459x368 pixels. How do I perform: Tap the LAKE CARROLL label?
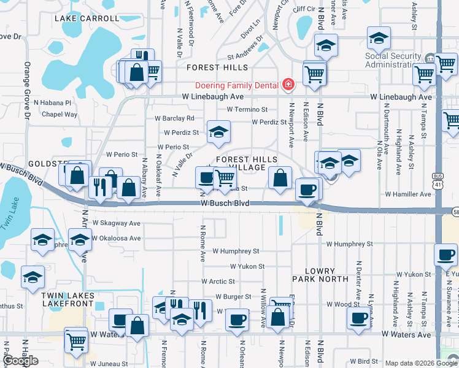click(87, 18)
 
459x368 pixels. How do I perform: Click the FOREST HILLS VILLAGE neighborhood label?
click(250, 163)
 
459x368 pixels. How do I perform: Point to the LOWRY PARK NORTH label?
click(320, 275)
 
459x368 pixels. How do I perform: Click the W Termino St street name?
click(247, 109)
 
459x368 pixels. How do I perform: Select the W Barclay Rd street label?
click(174, 118)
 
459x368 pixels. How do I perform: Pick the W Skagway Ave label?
click(117, 224)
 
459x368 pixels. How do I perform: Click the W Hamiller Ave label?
click(408, 194)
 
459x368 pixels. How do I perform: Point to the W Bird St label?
click(364, 361)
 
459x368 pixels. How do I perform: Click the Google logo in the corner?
click(20, 361)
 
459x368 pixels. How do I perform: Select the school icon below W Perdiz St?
click(217, 132)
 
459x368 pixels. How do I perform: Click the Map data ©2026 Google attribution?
click(420, 363)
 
